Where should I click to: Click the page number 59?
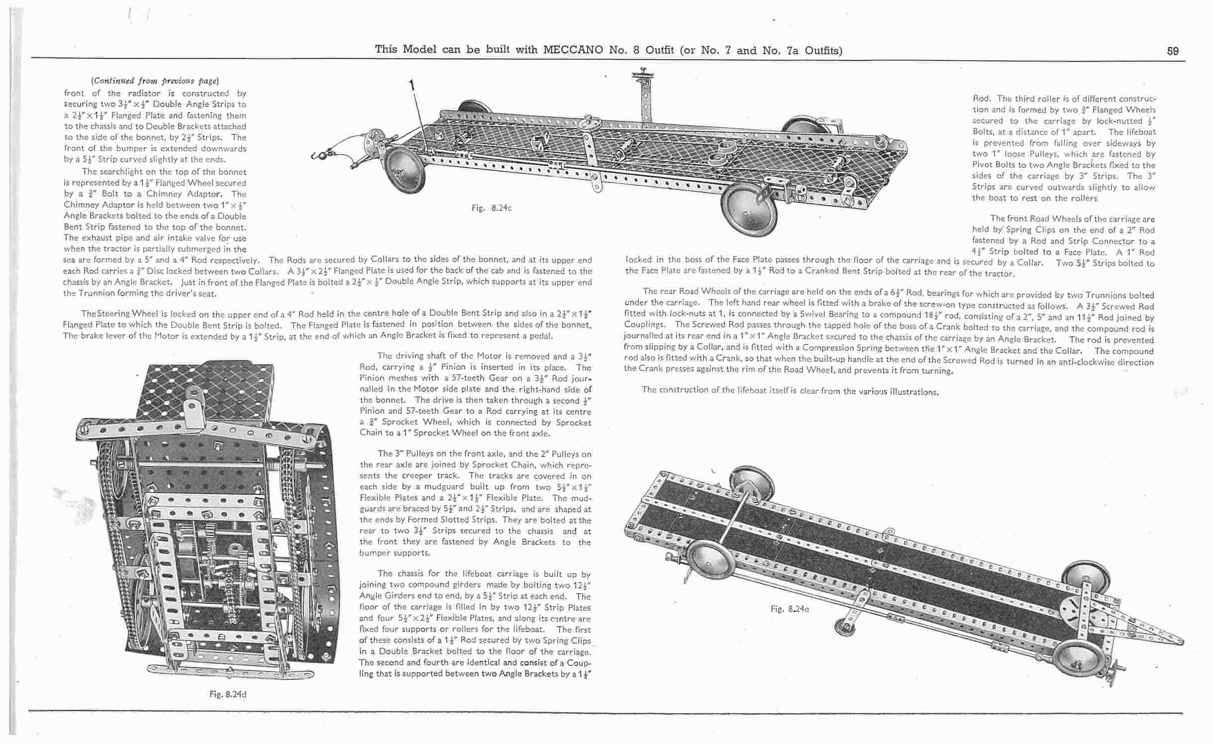(x=1172, y=51)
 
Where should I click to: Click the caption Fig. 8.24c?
(x=492, y=208)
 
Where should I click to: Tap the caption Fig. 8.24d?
(x=228, y=694)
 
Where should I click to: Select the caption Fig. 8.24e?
(x=790, y=609)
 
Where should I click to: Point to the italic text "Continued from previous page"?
(x=155, y=81)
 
